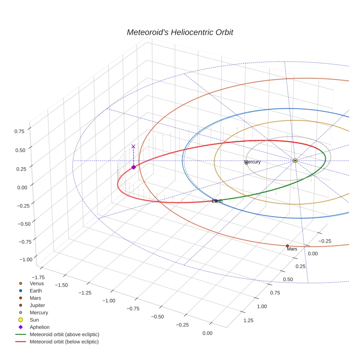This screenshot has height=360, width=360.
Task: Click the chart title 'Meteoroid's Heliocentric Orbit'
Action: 180,32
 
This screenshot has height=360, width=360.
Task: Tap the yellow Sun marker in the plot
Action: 295,161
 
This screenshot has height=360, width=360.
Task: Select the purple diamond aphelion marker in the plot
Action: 134,167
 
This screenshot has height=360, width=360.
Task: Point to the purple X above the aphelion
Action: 133,146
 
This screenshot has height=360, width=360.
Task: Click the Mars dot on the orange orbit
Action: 287,246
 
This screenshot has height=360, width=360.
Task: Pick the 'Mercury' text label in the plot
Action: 252,162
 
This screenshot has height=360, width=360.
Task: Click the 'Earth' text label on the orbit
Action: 217,201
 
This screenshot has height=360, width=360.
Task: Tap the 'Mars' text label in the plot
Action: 292,249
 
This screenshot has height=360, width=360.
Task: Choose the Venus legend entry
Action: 37,284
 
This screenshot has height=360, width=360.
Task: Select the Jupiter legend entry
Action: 37,305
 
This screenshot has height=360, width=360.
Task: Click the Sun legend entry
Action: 34,320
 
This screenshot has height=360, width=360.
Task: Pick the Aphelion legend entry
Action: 39,327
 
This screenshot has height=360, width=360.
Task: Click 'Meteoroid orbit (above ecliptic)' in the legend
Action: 64,334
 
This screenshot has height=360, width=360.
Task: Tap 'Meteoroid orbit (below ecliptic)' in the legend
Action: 64,342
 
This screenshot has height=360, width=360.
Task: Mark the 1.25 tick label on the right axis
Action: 248,321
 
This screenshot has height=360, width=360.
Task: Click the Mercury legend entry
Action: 38,312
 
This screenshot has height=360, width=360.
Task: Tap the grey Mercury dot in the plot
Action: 246,163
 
